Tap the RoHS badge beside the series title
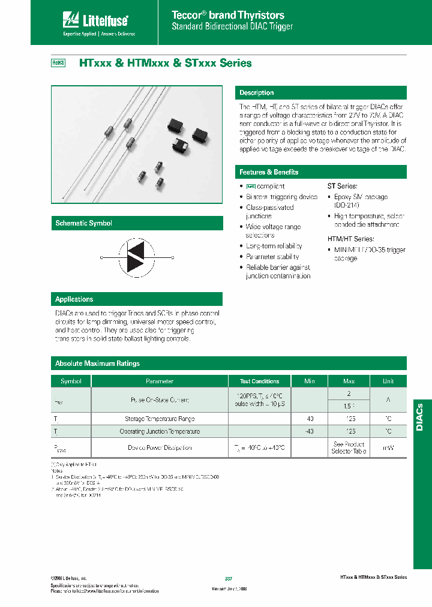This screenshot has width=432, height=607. click(57, 63)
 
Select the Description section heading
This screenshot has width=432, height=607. click(257, 93)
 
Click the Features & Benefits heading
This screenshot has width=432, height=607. click(269, 172)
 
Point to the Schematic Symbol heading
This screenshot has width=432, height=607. click(83, 223)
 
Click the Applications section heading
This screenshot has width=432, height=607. click(74, 299)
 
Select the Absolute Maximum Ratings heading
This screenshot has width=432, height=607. click(97, 363)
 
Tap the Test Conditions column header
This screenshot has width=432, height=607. click(259, 381)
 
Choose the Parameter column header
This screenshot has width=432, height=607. click(159, 381)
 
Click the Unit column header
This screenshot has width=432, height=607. click(388, 381)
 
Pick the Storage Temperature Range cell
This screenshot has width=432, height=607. click(159, 419)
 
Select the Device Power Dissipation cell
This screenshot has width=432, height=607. click(159, 447)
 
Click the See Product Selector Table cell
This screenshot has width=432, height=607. click(349, 447)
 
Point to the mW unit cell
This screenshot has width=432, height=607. click(388, 447)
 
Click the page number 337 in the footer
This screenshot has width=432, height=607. click(228, 578)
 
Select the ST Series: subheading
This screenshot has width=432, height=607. click(342, 187)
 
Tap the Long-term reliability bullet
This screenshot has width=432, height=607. click(274, 246)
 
